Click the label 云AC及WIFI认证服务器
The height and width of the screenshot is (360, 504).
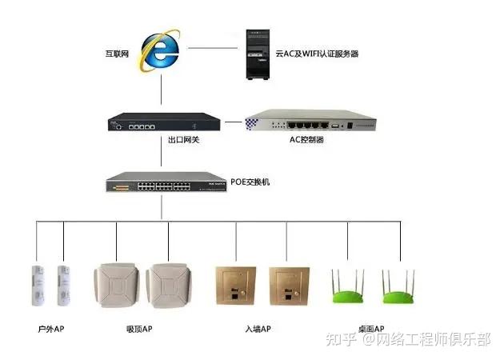point(317,54)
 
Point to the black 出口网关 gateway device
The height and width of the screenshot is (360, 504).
point(163,124)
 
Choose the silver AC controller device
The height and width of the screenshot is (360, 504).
point(310,124)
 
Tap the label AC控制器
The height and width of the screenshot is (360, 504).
point(306,140)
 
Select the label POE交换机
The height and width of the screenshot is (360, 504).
point(250,182)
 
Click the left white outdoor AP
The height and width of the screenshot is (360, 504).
point(36,285)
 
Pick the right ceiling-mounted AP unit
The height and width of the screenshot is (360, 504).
point(170,284)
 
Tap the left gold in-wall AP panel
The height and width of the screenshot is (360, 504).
point(235,284)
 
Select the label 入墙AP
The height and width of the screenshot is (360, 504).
point(258,329)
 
